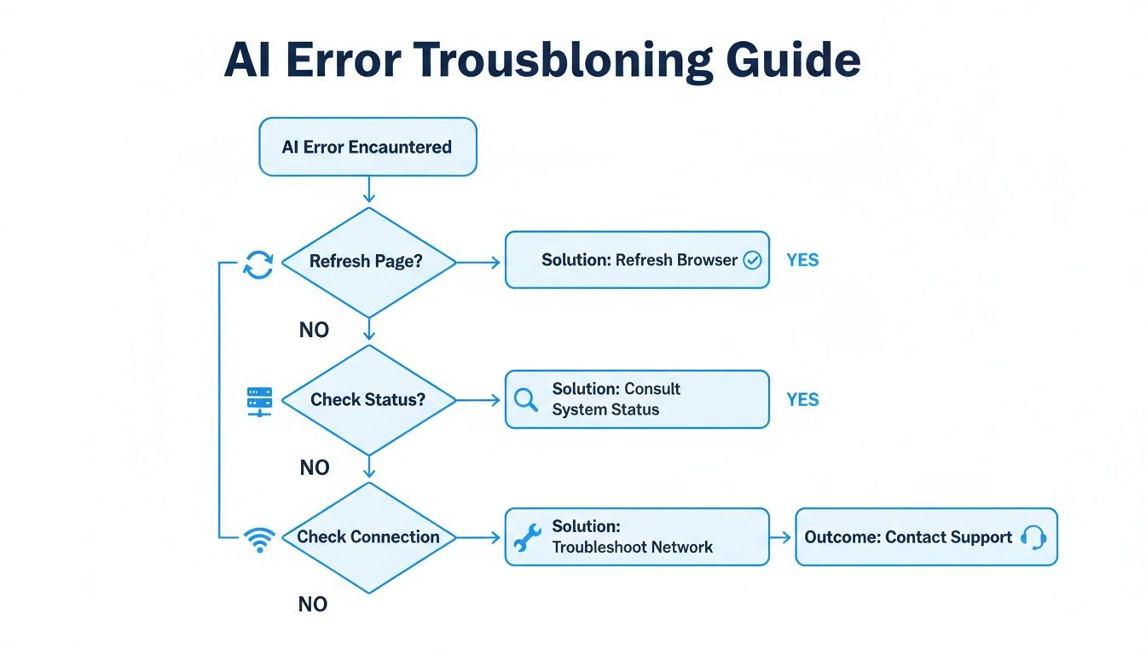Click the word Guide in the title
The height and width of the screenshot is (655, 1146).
pyautogui.click(x=792, y=61)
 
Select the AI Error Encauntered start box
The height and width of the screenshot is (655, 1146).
pyautogui.click(x=367, y=147)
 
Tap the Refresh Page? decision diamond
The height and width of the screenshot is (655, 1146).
pyautogui.click(x=368, y=262)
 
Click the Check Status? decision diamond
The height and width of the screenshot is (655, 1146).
pyautogui.click(x=368, y=399)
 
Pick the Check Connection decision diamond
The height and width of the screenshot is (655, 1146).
pyautogui.click(x=368, y=537)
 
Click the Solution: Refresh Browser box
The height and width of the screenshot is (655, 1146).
pyautogui.click(x=637, y=260)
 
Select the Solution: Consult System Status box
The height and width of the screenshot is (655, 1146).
pyautogui.click(x=637, y=399)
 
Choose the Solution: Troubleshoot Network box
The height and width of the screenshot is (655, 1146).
pyautogui.click(x=637, y=537)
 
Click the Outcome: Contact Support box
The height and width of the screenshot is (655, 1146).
pyautogui.click(x=925, y=537)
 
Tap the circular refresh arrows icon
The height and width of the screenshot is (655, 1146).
pyautogui.click(x=258, y=265)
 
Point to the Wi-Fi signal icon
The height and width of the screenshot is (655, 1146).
pyautogui.click(x=258, y=539)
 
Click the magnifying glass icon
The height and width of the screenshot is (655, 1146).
pyautogui.click(x=526, y=400)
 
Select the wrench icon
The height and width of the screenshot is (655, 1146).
pyautogui.click(x=527, y=538)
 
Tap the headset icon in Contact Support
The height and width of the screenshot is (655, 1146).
pyautogui.click(x=1033, y=537)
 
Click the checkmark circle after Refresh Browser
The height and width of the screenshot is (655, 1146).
pyautogui.click(x=752, y=261)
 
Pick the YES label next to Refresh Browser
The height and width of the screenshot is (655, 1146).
pyautogui.click(x=802, y=260)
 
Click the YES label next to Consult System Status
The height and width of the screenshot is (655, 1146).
pyautogui.click(x=802, y=399)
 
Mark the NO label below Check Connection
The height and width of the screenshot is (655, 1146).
pyautogui.click(x=313, y=605)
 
